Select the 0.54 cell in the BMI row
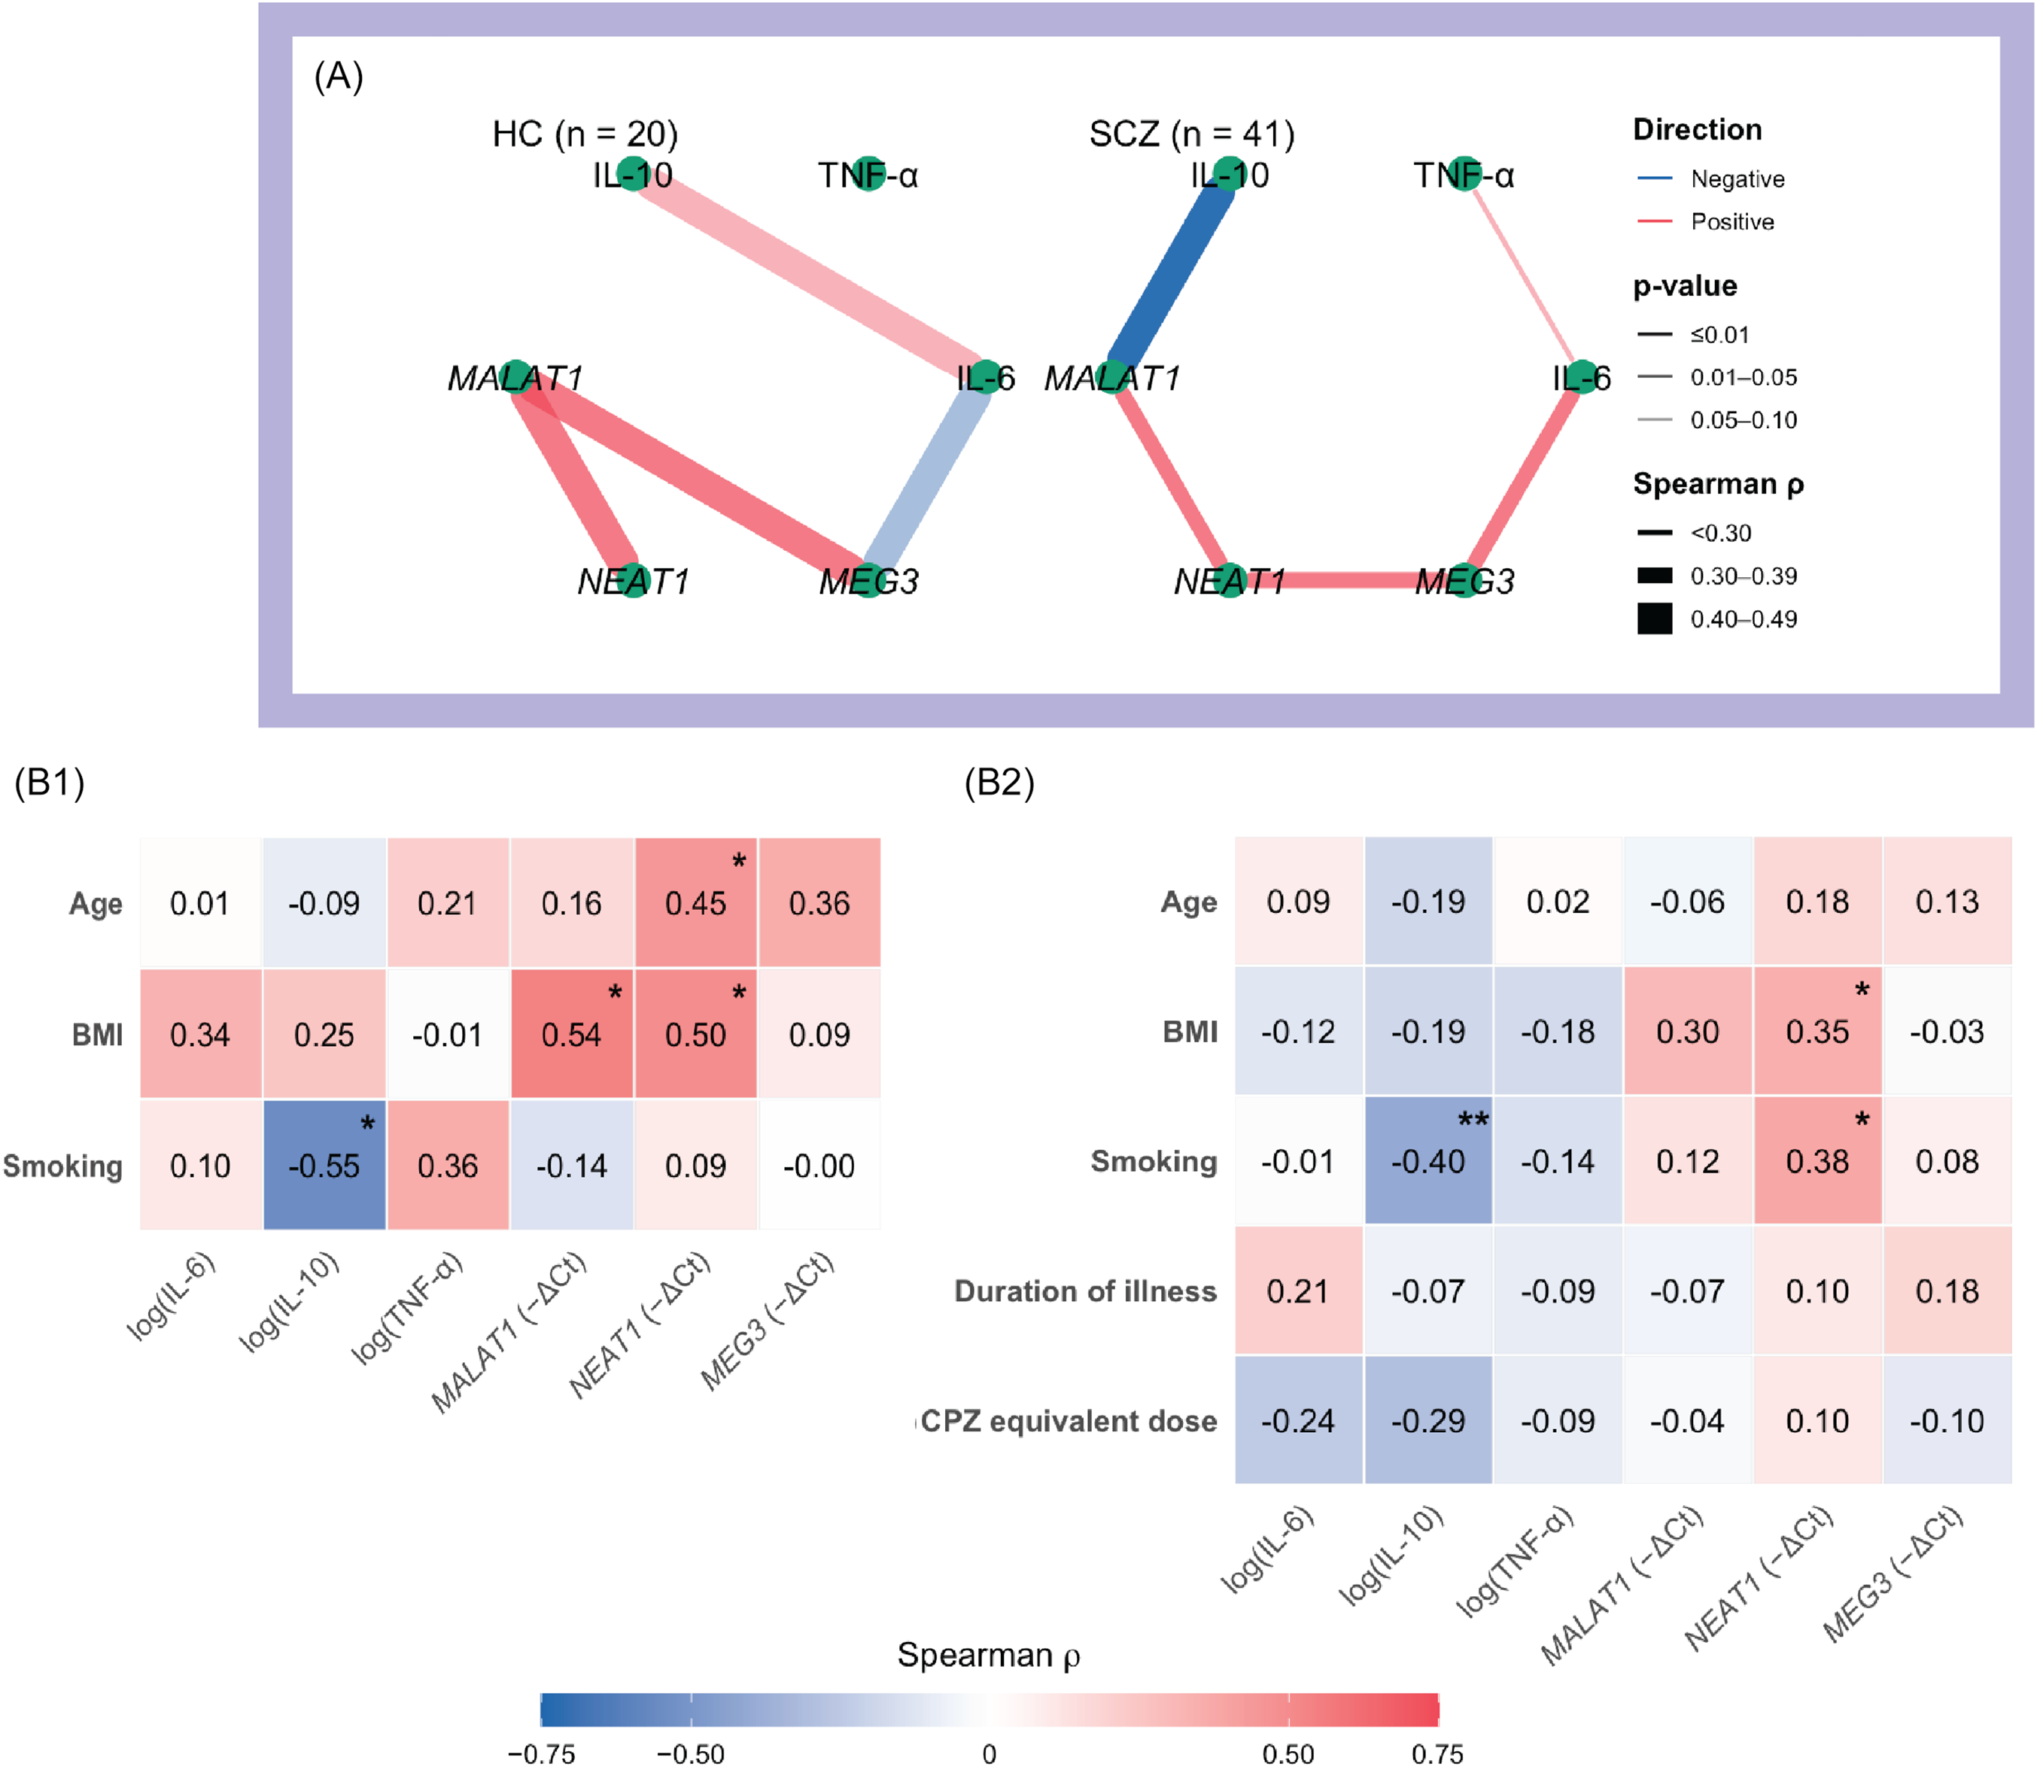click(571, 1033)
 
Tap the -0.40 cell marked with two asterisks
click(1427, 1160)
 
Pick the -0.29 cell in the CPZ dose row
click(1427, 1420)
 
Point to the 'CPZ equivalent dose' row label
click(1069, 1421)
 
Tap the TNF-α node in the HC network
click(868, 175)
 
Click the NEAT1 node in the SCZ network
click(1230, 581)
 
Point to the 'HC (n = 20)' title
click(585, 133)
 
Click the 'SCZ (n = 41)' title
click(1191, 133)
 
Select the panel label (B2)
click(999, 782)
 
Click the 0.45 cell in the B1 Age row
click(695, 902)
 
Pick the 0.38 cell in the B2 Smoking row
click(1817, 1160)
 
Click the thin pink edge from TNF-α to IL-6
click(1523, 277)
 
